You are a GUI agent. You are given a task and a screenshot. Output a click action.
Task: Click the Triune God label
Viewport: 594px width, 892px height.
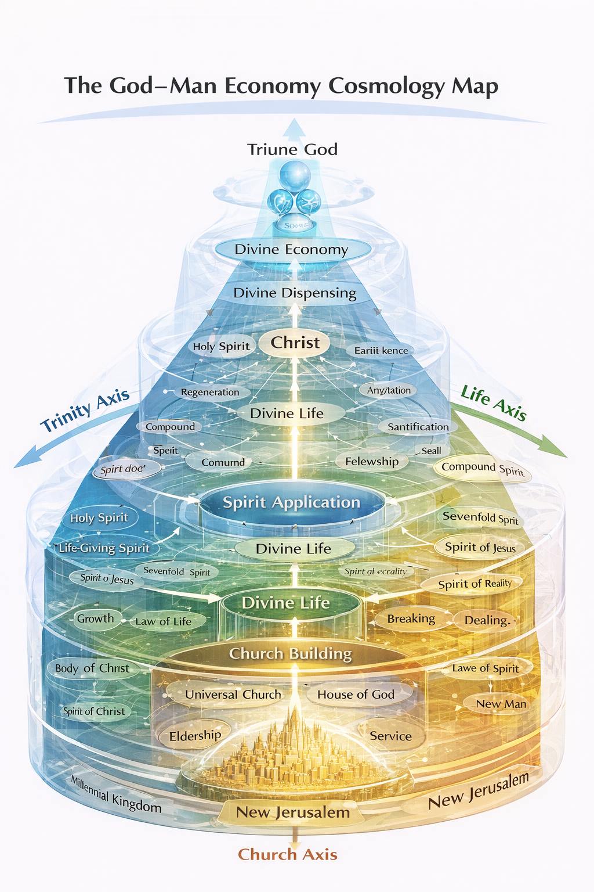[x=292, y=150]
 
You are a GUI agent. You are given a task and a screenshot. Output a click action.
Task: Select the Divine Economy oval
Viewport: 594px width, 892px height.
[x=292, y=250]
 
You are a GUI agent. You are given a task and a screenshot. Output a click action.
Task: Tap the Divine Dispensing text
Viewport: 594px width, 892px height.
[x=295, y=293]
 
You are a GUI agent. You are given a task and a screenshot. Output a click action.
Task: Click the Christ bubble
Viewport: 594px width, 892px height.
[x=295, y=343]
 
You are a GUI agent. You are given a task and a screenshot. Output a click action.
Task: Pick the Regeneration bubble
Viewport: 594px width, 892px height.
[x=210, y=392]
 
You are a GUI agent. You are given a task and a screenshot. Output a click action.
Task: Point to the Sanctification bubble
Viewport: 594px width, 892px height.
[x=418, y=427]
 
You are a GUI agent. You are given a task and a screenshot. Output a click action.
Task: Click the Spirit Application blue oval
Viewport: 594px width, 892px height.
[x=292, y=502]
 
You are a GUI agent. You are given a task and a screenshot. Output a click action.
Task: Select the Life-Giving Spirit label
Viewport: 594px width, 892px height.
[x=104, y=548]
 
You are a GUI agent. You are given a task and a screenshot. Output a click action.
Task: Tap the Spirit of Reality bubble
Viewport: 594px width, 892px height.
[x=475, y=584]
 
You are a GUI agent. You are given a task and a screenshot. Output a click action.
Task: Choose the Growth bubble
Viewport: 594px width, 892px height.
[x=96, y=618]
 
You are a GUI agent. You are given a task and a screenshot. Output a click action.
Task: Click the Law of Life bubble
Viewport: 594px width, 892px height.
[x=164, y=621]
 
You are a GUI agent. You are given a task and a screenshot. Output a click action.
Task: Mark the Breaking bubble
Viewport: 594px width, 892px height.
[x=411, y=619]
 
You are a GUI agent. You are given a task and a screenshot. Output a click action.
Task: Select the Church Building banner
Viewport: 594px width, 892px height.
[x=290, y=654]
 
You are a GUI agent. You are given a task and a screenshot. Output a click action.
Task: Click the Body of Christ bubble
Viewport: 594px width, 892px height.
[x=92, y=668]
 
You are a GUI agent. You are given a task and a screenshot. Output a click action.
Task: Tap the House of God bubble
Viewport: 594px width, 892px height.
[x=356, y=695]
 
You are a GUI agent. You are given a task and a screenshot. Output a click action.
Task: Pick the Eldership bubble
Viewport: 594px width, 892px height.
[x=195, y=736]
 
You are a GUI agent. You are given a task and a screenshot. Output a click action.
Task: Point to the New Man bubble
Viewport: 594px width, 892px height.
[x=501, y=704]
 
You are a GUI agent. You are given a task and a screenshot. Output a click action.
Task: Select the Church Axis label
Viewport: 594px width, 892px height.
[x=288, y=854]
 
